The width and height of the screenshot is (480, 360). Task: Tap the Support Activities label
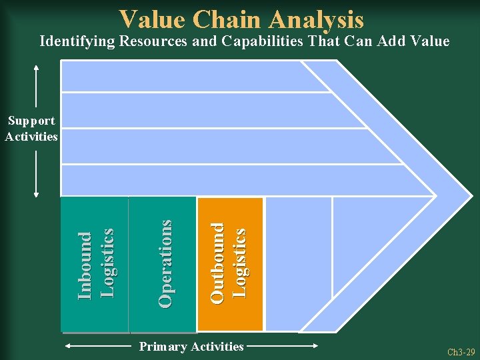tap(31, 129)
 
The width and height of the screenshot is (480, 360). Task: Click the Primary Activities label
tap(191, 347)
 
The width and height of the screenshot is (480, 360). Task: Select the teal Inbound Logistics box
tap(95, 264)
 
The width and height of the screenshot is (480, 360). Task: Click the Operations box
tap(164, 264)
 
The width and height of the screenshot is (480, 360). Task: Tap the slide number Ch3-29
tap(461, 352)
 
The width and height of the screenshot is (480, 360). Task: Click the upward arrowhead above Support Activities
tap(36, 67)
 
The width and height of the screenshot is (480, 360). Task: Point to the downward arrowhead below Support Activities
tap(36, 195)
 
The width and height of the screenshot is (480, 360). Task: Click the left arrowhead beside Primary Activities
tap(69, 347)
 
